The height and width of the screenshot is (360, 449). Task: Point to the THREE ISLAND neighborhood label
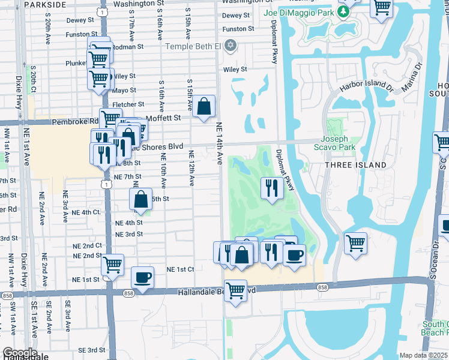tap(357, 165)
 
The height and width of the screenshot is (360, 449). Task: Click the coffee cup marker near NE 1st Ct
tap(142, 277)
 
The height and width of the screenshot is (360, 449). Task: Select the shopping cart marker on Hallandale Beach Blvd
tap(235, 291)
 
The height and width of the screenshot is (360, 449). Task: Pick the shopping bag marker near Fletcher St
tap(204, 106)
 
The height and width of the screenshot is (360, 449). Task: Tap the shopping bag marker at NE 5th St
tap(140, 200)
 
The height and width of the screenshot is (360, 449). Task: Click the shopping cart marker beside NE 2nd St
tap(112, 264)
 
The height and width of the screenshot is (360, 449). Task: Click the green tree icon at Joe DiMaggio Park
tap(344, 11)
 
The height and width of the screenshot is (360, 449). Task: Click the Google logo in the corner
tap(19, 353)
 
